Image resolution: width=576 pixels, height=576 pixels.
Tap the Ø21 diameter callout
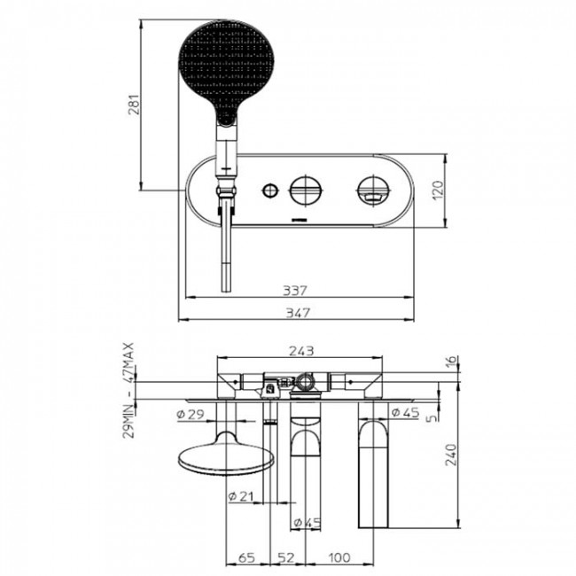pyautogui.click(x=243, y=494)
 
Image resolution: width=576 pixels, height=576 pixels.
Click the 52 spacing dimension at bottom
pyautogui.click(x=287, y=558)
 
